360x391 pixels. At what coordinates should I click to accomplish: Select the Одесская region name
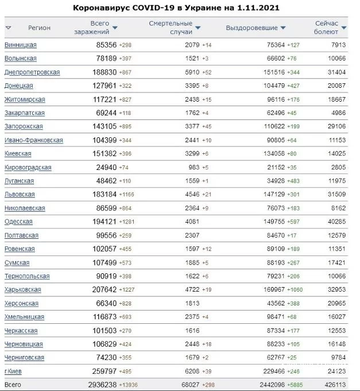point(18,222)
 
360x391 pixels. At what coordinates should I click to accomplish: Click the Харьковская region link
point(22,290)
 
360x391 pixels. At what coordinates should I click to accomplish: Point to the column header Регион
point(39,28)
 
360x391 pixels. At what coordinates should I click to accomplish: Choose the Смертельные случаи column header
point(171,28)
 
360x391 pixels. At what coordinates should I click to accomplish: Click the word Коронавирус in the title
point(100,8)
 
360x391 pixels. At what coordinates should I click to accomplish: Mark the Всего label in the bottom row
point(12,385)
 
